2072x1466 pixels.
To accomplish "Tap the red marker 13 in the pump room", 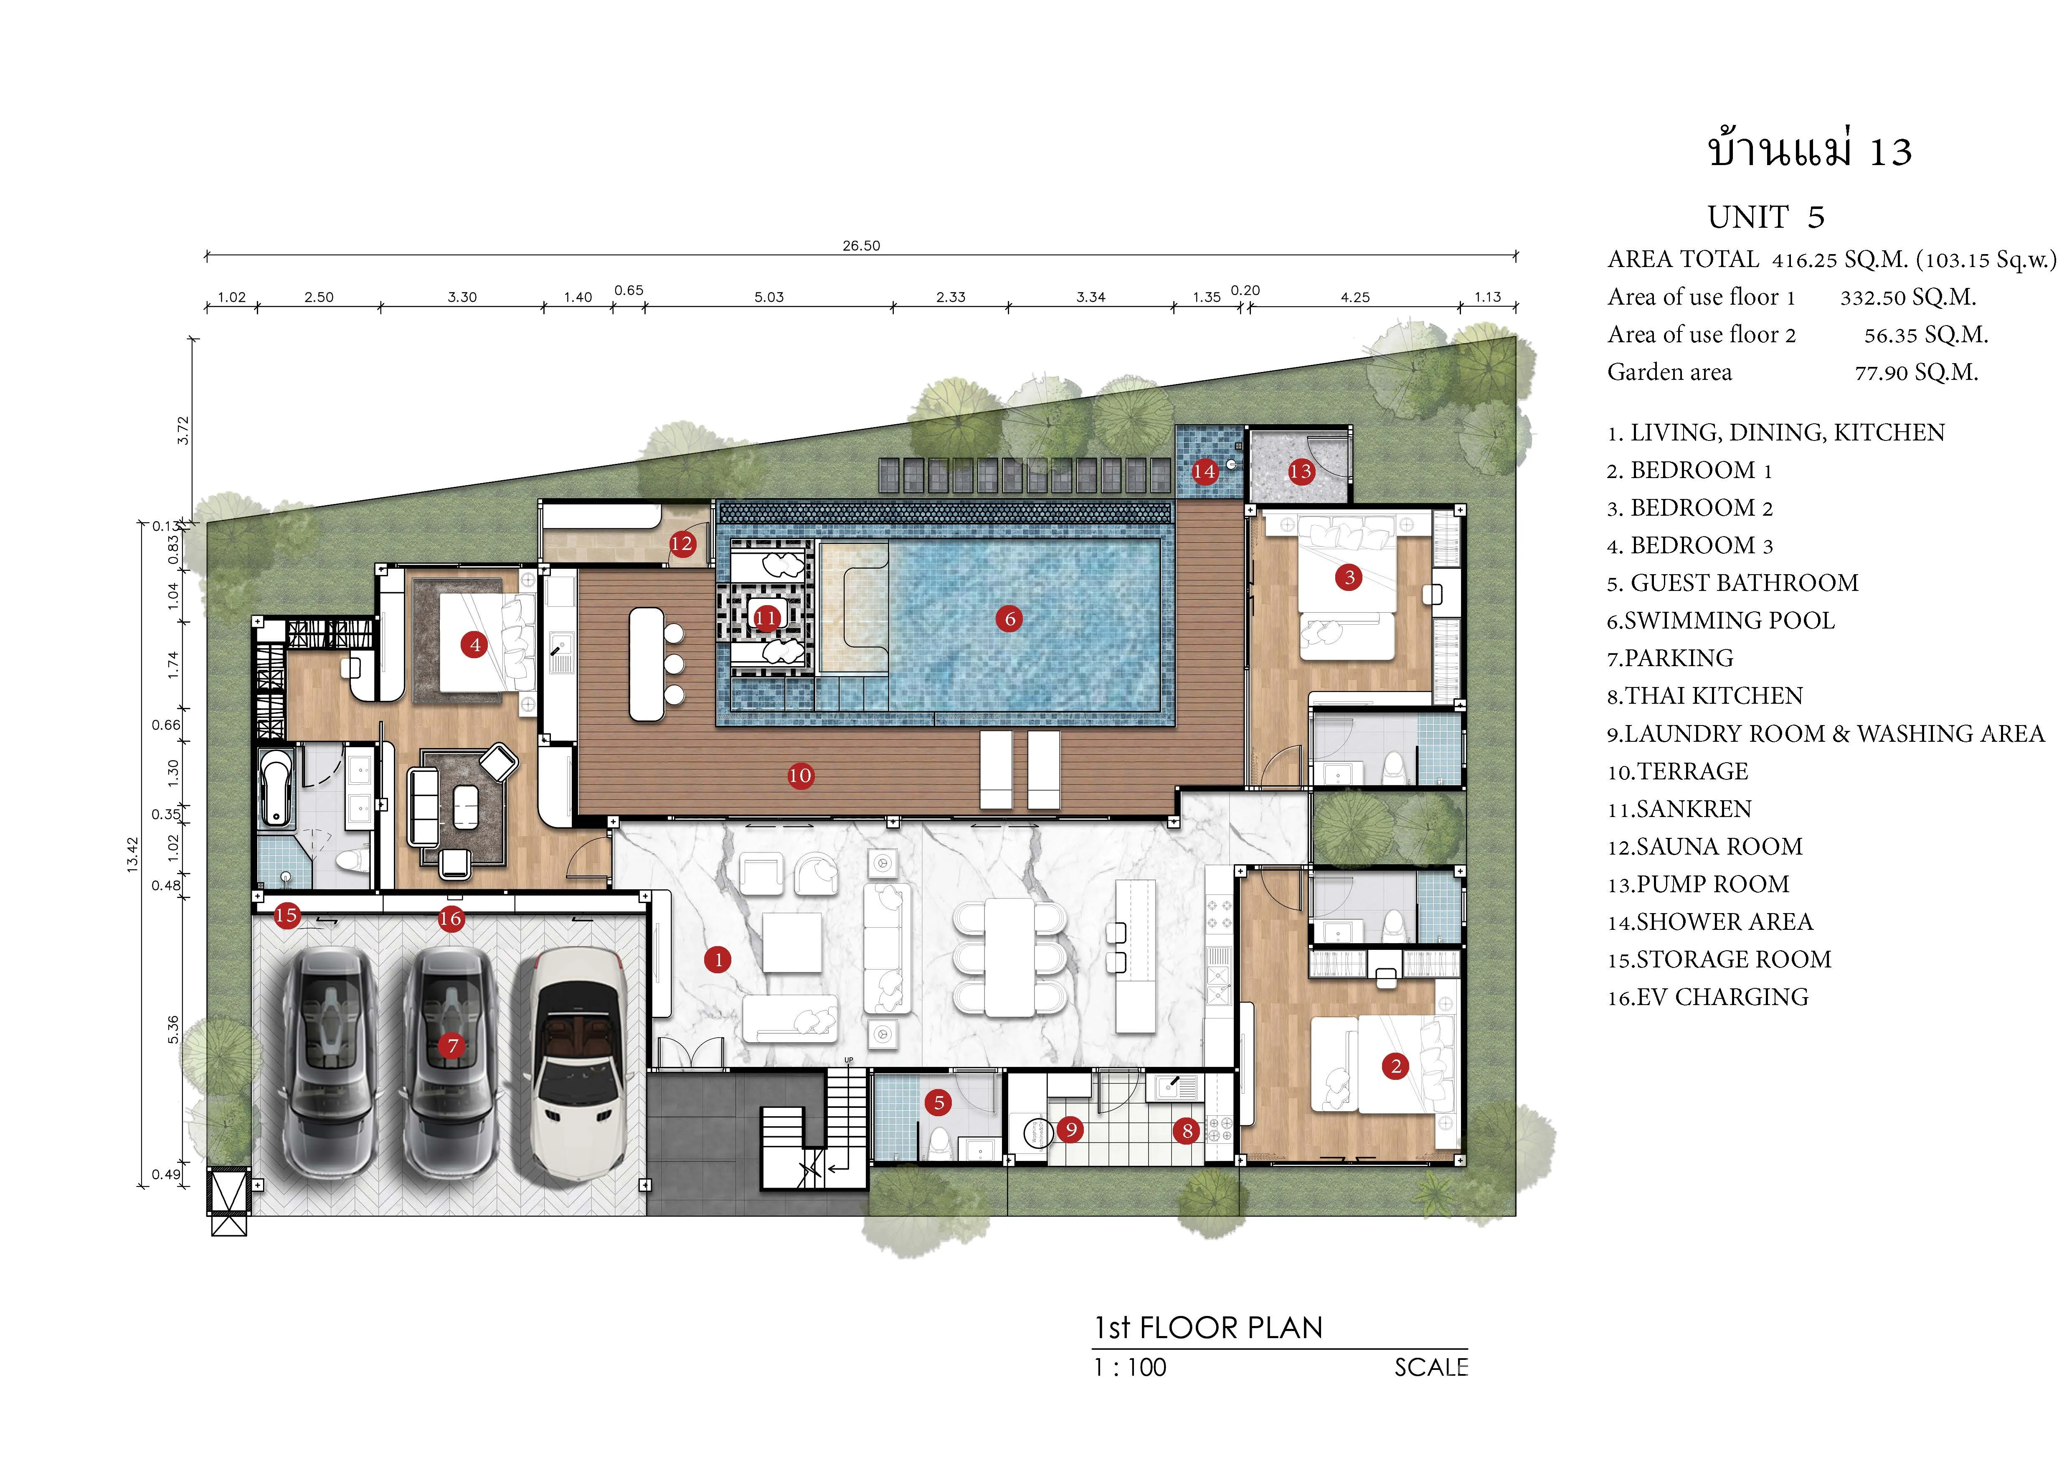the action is pos(1301,471).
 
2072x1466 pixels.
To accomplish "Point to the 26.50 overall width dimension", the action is pos(861,246).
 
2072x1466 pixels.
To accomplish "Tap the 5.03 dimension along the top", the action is pos(769,297).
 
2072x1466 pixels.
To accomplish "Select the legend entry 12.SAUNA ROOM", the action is pos(1705,847).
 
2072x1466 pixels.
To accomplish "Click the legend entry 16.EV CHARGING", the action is pos(1707,998).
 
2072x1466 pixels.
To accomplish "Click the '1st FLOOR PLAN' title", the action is pos(1208,1328).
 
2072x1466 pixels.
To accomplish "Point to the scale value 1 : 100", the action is pos(1130,1368).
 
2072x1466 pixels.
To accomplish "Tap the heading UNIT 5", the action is pos(1766,218).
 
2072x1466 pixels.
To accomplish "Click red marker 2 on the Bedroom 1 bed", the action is pos(1395,1066).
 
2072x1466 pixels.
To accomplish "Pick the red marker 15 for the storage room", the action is pos(286,915).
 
